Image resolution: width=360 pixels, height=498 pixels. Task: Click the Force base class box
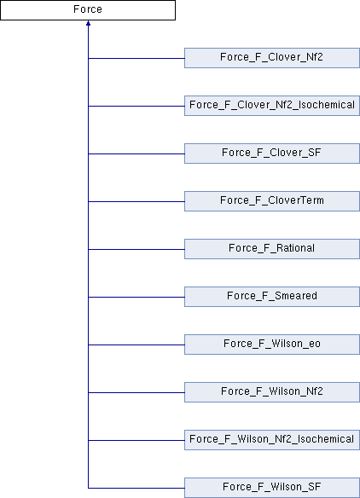pyautogui.click(x=88, y=10)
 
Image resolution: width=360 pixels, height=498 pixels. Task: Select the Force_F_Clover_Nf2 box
pyautogui.click(x=272, y=58)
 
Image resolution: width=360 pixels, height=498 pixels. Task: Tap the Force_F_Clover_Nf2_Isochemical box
pyautogui.click(x=272, y=106)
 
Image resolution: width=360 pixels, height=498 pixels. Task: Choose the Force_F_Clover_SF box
pyautogui.click(x=272, y=153)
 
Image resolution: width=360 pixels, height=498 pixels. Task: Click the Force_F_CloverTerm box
pyautogui.click(x=272, y=201)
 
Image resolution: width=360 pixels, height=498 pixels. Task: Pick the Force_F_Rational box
pyautogui.click(x=272, y=249)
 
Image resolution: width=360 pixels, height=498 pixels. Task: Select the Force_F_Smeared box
pyautogui.click(x=272, y=297)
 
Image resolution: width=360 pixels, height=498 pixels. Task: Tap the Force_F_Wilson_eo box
pyautogui.click(x=272, y=345)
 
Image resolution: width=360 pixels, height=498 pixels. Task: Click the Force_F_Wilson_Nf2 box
pyautogui.click(x=272, y=392)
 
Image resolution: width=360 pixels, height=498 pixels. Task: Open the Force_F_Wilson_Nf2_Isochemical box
pyautogui.click(x=272, y=440)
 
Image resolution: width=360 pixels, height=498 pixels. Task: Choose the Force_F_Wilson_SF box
pyautogui.click(x=272, y=488)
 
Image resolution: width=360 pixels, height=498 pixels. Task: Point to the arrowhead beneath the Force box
pyautogui.click(x=88, y=23)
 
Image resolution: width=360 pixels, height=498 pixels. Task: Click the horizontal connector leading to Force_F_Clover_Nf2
pyautogui.click(x=136, y=59)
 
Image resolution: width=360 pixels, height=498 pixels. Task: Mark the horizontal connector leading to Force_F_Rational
pyautogui.click(x=136, y=249)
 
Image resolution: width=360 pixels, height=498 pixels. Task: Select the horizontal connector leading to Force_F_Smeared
pyautogui.click(x=136, y=297)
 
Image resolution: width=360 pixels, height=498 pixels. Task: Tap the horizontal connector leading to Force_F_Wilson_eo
pyautogui.click(x=136, y=345)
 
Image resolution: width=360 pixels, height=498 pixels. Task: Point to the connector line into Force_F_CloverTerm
pyautogui.click(x=136, y=202)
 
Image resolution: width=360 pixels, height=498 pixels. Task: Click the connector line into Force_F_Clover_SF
pyautogui.click(x=136, y=153)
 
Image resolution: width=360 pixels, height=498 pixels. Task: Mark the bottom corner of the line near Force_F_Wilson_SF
pyautogui.click(x=89, y=488)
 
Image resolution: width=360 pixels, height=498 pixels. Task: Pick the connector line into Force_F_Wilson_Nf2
pyautogui.click(x=136, y=392)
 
